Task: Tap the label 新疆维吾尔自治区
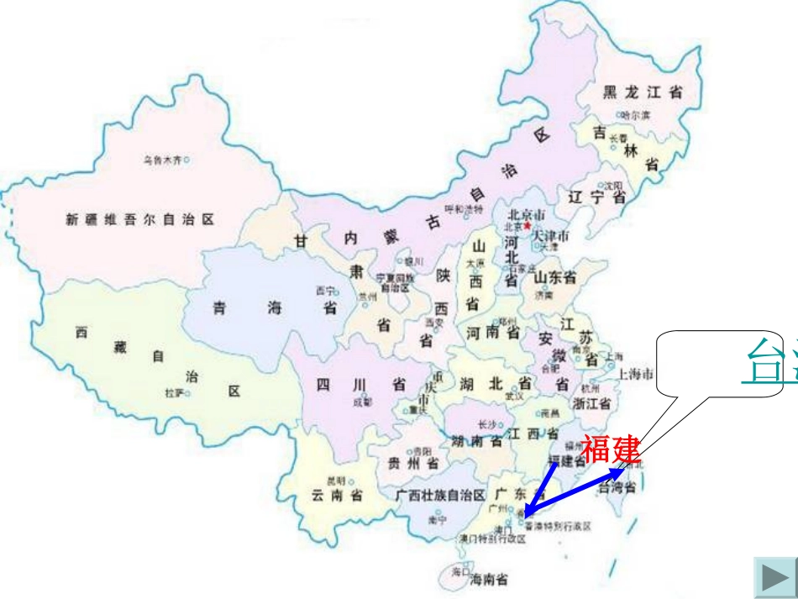140,220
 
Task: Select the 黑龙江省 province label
643,93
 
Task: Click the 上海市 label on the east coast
637,373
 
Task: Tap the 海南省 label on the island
489,579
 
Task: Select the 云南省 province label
338,496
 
